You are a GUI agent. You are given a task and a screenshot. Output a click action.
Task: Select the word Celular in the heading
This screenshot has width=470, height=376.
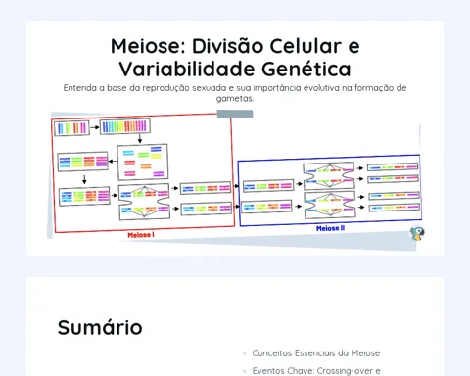pos(305,46)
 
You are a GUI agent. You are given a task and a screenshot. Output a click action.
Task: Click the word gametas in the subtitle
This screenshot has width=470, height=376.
pos(234,98)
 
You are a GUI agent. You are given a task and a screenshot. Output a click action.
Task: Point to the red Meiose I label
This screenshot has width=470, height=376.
pos(141,235)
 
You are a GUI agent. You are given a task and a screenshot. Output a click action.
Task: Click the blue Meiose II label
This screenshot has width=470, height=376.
pos(330,228)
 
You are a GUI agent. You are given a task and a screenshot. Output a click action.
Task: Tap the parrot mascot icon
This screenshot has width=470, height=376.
pos(417,234)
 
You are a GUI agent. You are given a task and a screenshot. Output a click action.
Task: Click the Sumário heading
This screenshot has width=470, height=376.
pos(100,327)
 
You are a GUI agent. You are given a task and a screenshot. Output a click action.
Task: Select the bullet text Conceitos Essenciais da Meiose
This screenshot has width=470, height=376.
pos(316,353)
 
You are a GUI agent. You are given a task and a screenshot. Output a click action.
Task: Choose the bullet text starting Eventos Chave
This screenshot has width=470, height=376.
pos(316,371)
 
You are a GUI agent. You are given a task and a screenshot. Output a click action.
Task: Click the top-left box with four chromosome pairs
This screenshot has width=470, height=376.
pos(71,127)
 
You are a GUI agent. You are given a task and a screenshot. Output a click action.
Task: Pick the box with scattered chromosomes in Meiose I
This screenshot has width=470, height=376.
pos(143,162)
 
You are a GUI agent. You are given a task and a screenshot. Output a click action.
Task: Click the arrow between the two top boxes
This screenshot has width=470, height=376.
pos(95,127)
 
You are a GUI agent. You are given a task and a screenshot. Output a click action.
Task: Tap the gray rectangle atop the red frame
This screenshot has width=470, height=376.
pos(235,114)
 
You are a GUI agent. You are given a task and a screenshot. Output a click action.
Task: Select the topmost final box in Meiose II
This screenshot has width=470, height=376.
pos(393,167)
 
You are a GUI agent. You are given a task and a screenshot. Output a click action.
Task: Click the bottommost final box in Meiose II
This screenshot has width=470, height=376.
pos(395,207)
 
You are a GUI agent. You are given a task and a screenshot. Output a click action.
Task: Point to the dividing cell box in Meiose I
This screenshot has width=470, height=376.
pos(144,202)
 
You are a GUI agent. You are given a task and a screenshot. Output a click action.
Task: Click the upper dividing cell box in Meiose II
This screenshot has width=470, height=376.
pos(329,176)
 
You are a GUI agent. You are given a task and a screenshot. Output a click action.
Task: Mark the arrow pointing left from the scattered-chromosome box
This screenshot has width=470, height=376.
pos(113,161)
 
